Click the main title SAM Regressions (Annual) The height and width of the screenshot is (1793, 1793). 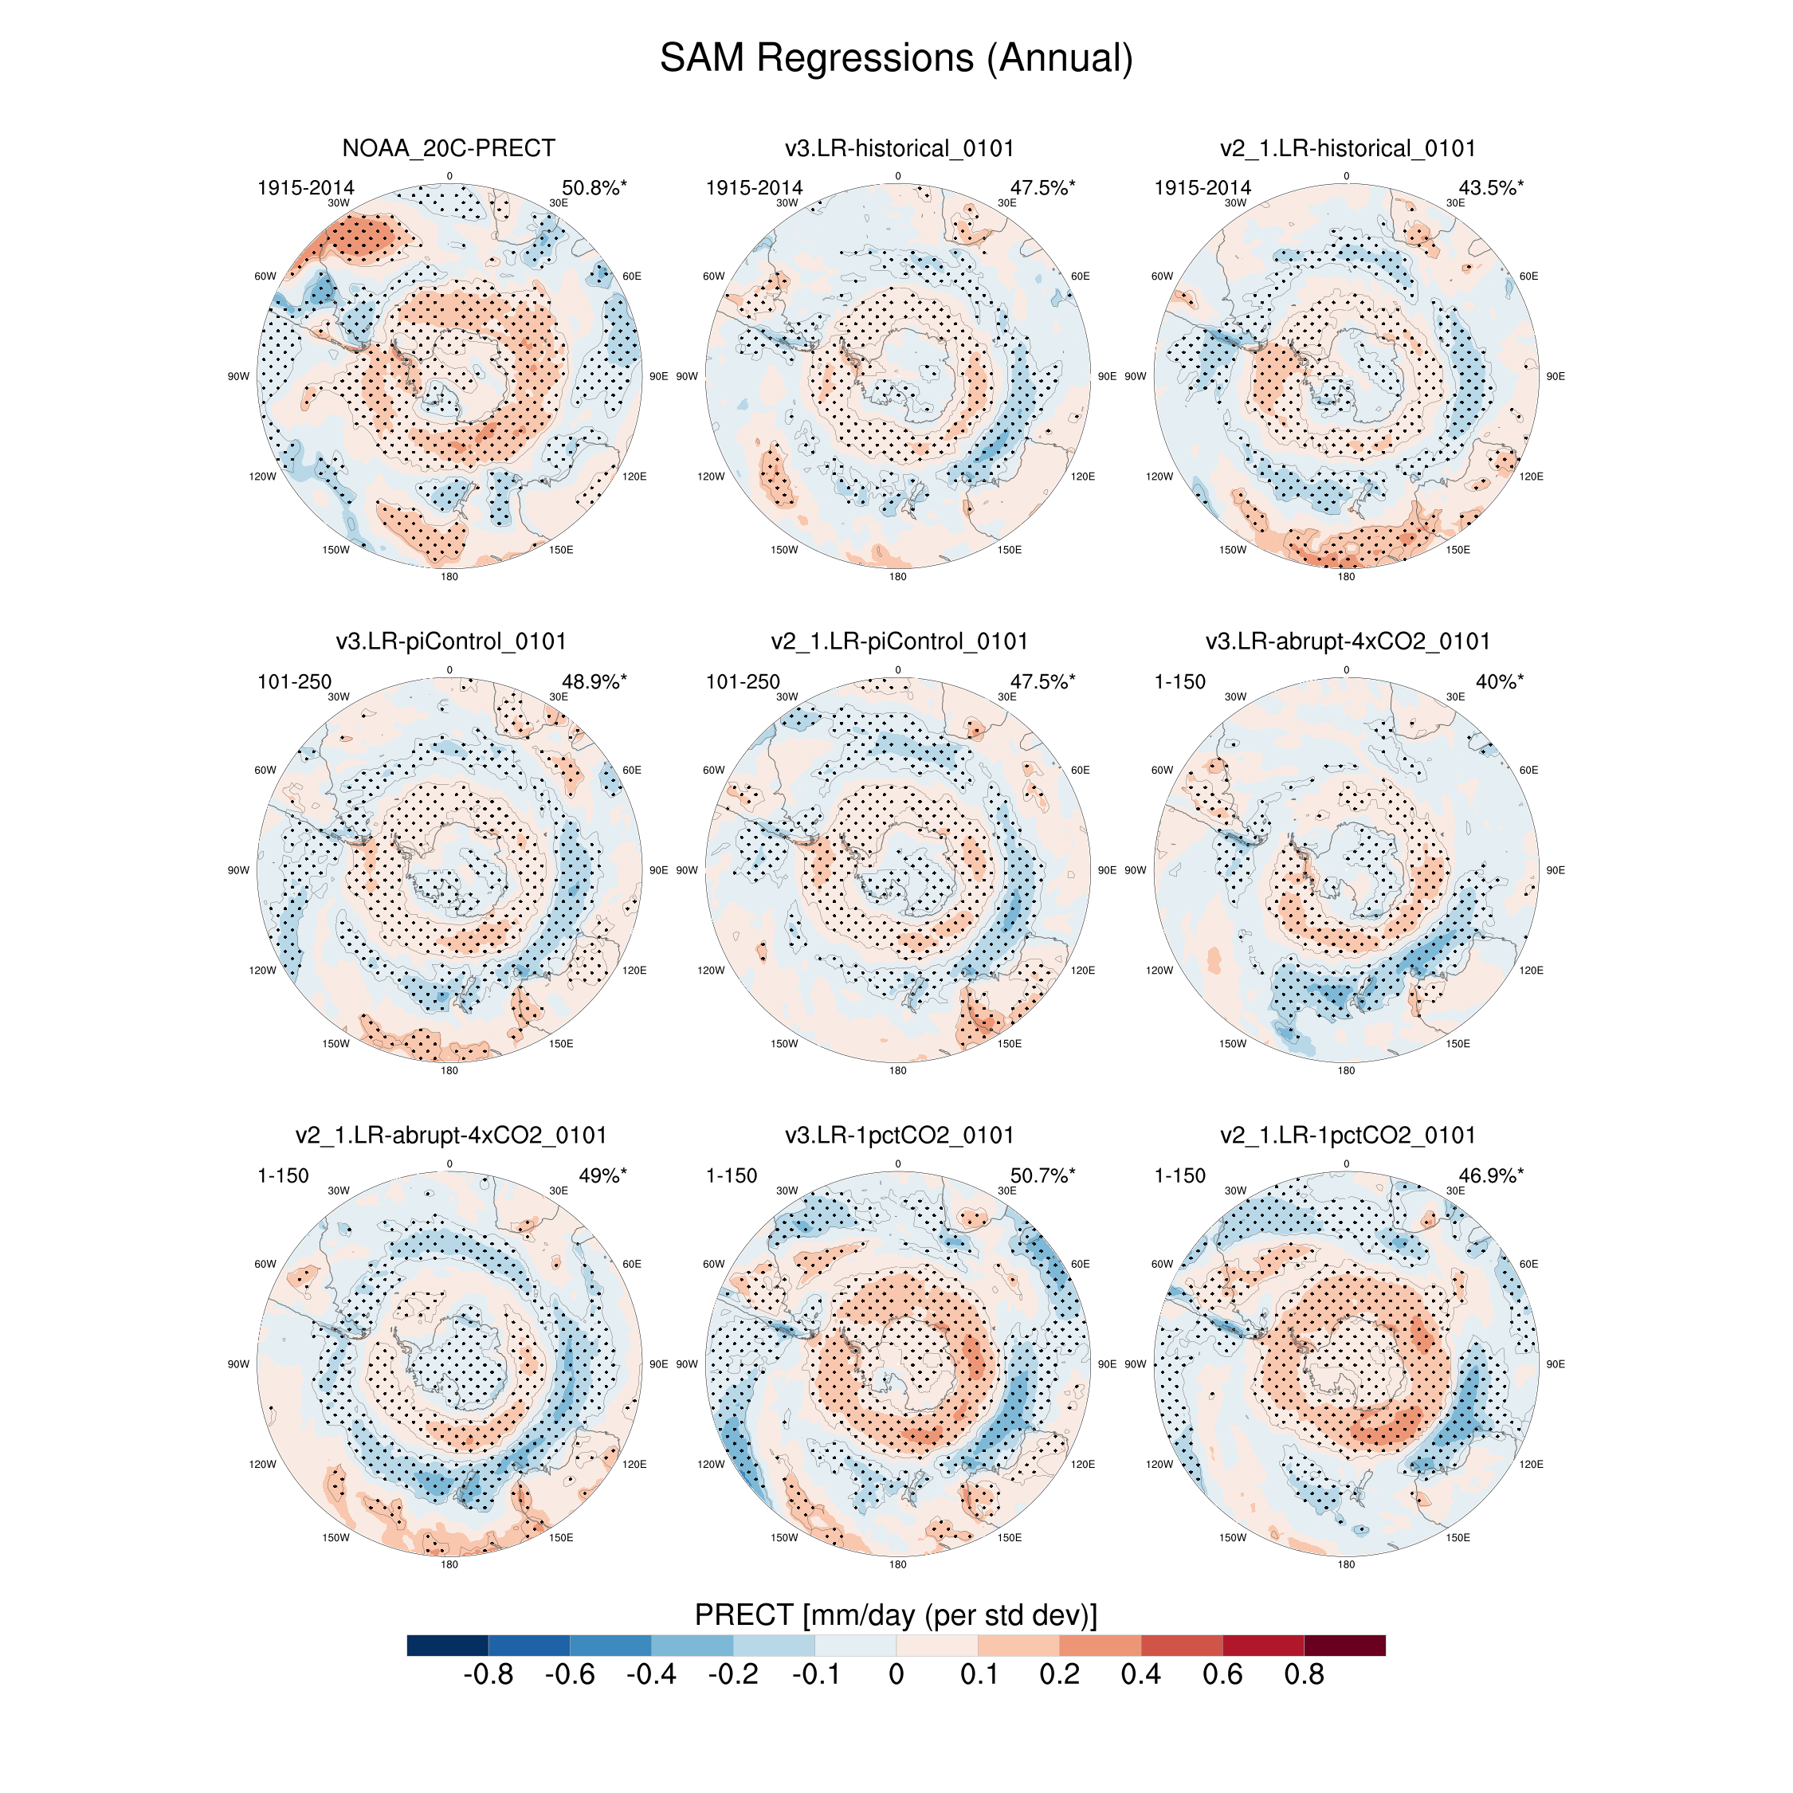896,58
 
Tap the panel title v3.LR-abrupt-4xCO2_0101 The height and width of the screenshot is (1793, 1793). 1347,641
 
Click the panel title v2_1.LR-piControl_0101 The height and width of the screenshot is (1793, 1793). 898,641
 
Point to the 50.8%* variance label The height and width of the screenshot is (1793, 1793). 594,187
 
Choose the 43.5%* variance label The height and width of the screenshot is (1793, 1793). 1490,187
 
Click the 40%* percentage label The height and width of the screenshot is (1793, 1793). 1499,681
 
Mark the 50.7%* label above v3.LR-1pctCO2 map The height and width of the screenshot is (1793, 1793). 1042,1175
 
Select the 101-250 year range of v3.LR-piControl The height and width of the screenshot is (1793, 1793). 294,681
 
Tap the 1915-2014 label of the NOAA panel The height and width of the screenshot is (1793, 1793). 305,187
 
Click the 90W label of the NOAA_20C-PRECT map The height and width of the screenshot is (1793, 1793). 238,377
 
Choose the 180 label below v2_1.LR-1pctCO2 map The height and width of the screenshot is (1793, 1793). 1346,1565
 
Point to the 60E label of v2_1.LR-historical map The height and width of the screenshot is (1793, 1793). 1528,277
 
